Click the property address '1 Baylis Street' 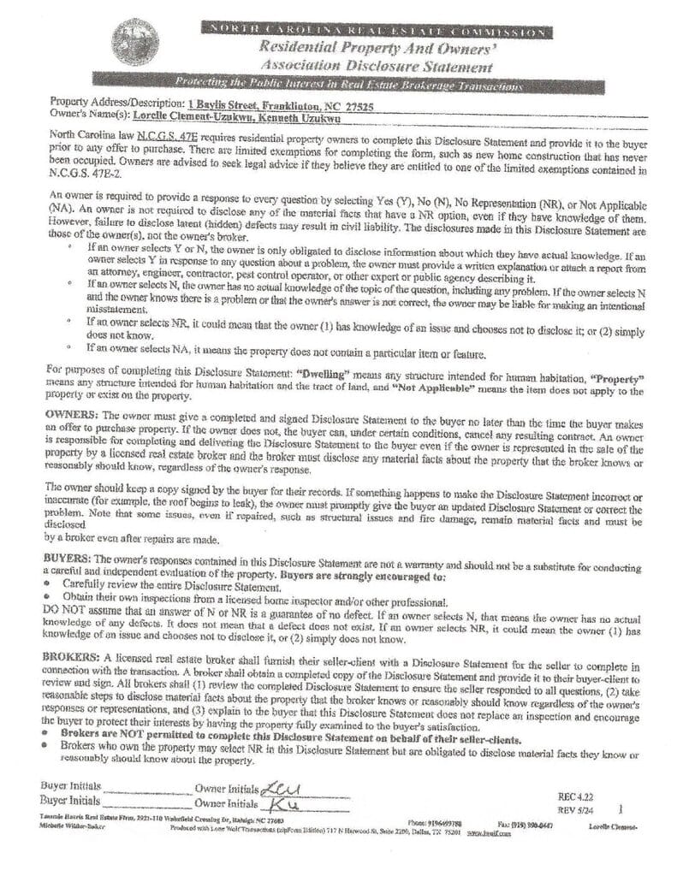pos(207,103)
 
